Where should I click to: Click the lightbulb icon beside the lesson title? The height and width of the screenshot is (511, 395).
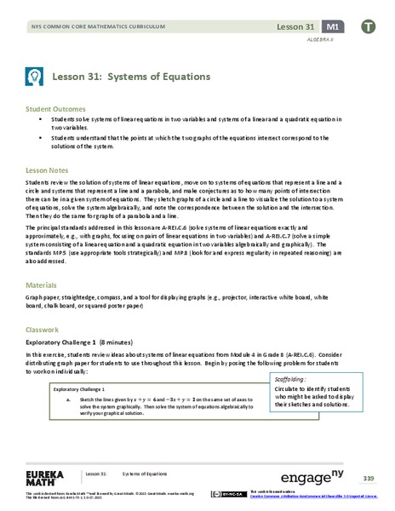point(34,76)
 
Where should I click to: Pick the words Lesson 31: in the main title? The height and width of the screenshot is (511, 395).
point(79,76)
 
